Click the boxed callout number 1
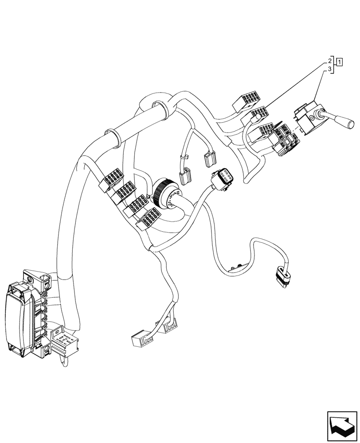point(339,62)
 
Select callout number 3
point(330,70)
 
